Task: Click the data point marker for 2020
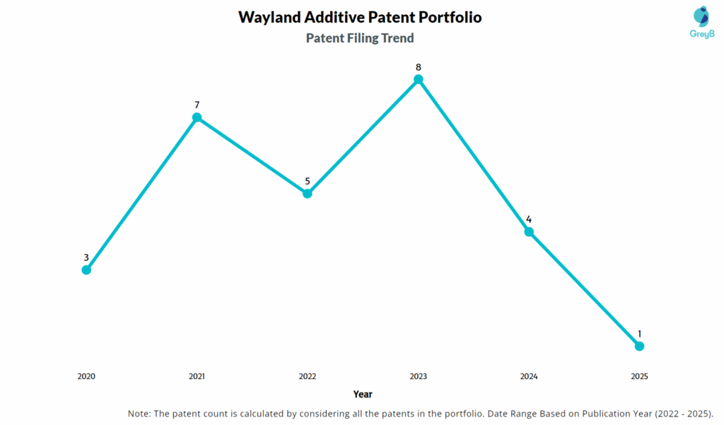click(86, 269)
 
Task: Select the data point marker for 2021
click(197, 117)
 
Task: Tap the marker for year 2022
click(308, 193)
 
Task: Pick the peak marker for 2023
click(418, 79)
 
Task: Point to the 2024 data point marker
click(529, 231)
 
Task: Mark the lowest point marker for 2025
click(639, 346)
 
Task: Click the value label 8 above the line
click(418, 67)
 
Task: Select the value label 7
click(197, 105)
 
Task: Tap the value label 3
click(86, 257)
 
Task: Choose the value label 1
click(639, 333)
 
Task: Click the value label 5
click(308, 181)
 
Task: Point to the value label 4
click(529, 219)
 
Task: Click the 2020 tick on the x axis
click(86, 376)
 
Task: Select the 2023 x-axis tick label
click(418, 376)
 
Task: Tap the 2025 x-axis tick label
click(639, 376)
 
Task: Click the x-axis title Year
click(363, 394)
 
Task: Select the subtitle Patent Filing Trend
click(360, 38)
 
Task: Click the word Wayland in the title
click(271, 17)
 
